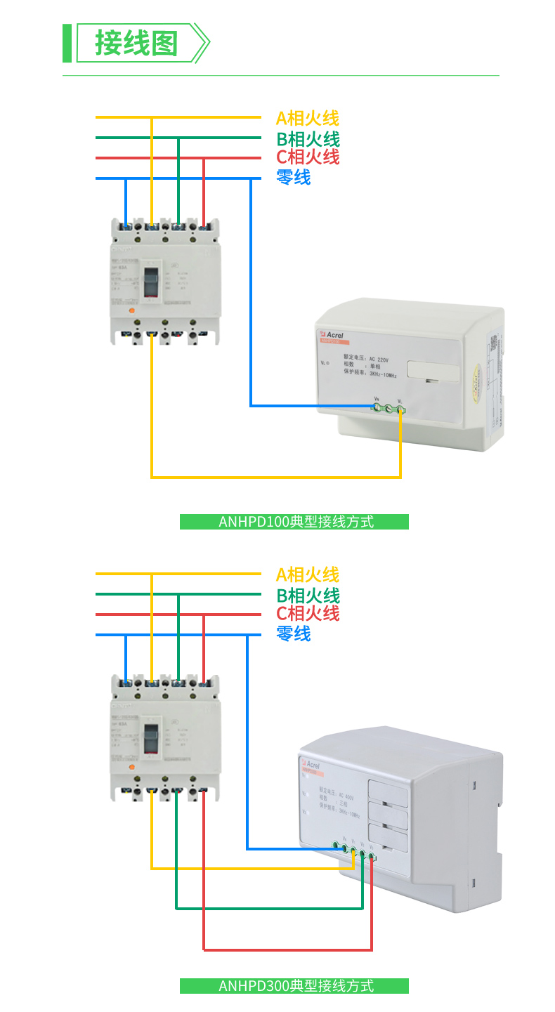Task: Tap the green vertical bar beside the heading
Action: (x=67, y=43)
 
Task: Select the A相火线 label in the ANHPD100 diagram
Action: (x=308, y=118)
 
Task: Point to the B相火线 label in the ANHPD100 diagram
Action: (x=308, y=139)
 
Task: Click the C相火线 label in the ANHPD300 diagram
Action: (x=308, y=614)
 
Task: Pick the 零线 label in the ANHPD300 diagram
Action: (x=294, y=634)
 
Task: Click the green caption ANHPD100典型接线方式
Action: (x=294, y=522)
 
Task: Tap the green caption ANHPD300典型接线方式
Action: (x=294, y=986)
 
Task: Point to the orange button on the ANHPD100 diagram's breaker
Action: (x=130, y=310)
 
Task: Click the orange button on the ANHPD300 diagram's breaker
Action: (x=130, y=768)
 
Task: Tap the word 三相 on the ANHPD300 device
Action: (x=344, y=806)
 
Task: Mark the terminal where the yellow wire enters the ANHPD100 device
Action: (x=400, y=408)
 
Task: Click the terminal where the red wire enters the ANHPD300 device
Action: (x=372, y=857)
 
